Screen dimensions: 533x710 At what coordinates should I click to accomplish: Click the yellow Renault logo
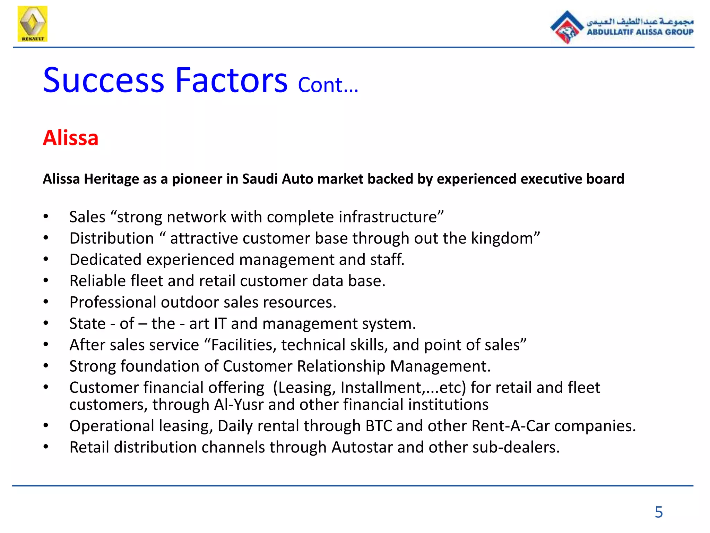32,24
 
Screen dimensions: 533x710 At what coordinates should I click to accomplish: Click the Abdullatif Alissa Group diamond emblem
566,27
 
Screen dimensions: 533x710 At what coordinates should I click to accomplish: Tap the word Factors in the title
231,81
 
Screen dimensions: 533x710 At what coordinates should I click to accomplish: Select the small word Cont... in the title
328,85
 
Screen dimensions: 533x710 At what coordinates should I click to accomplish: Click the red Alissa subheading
71,138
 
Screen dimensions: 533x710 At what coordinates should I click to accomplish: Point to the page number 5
659,512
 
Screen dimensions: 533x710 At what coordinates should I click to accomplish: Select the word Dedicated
105,260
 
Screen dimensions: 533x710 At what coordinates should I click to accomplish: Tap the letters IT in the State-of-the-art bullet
220,324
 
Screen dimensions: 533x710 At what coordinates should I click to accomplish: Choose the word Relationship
341,366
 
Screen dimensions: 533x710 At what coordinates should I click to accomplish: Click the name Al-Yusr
239,405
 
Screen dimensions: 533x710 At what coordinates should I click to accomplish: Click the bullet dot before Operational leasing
46,425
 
